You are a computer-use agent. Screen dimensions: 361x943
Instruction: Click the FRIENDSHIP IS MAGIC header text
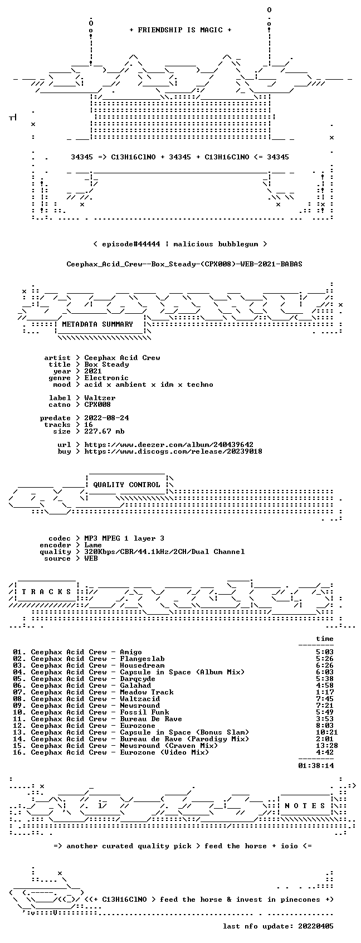pyautogui.click(x=180, y=30)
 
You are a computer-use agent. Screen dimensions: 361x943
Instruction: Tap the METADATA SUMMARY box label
pyautogui.click(x=97, y=324)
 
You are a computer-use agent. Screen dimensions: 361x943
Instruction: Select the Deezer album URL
pyautogui.click(x=169, y=445)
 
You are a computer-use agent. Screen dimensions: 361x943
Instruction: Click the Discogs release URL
pyautogui.click(x=173, y=451)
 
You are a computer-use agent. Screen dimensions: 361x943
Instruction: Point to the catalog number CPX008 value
pyautogui.click(x=97, y=405)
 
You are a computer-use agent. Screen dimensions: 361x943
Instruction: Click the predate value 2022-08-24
pyautogui.click(x=106, y=418)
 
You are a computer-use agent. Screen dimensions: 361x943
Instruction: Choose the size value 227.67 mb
pyautogui.click(x=104, y=431)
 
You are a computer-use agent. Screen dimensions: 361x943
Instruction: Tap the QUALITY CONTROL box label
pyautogui.click(x=126, y=485)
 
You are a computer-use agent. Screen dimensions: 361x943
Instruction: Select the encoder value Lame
pyautogui.click(x=93, y=545)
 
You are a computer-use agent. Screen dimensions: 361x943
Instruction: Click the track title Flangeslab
pyautogui.click(x=142, y=659)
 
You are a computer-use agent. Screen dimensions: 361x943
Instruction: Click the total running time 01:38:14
pyautogui.click(x=316, y=766)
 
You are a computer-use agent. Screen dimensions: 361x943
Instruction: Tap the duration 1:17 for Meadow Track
pyautogui.click(x=325, y=692)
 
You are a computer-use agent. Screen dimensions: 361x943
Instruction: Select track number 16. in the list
pyautogui.click(x=19, y=752)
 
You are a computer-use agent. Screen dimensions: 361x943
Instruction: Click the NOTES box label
pyautogui.click(x=305, y=806)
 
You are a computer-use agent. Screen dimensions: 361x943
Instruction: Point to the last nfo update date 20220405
pyautogui.click(x=316, y=926)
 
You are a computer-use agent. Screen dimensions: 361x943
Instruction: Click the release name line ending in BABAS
pyautogui.click(x=184, y=264)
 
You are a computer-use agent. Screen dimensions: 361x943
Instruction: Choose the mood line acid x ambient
pyautogui.click(x=149, y=385)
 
